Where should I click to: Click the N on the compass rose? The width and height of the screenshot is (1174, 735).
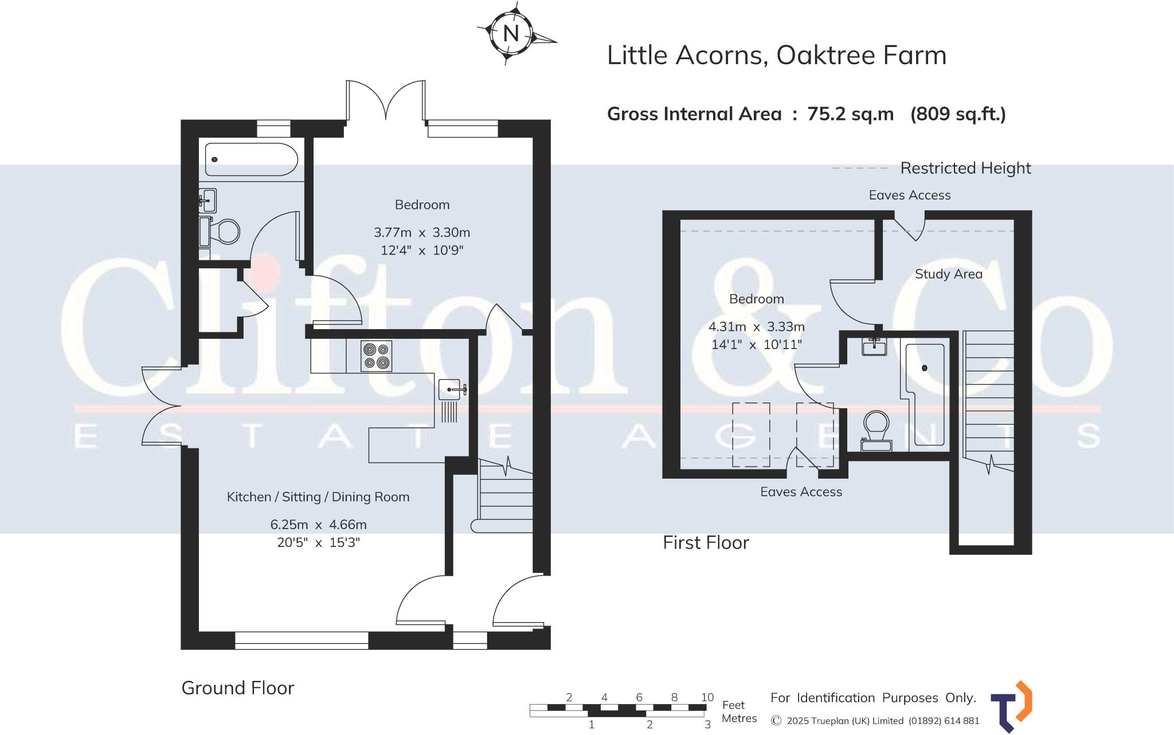511,34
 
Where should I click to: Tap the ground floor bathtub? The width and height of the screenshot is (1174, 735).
251,159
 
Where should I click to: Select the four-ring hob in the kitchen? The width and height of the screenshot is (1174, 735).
377,356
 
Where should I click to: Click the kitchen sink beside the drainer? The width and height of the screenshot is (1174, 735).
451,389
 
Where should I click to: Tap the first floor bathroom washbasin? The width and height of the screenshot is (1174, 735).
874,347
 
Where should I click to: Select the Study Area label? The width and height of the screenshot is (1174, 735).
948,274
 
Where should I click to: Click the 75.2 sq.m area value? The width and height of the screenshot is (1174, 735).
850,114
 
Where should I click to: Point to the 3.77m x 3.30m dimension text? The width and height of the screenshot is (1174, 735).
422,233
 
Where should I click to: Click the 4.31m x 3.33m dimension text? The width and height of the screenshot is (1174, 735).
756,327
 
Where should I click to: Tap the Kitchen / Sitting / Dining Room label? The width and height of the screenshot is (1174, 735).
318,497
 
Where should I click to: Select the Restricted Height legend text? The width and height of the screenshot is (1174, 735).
965,169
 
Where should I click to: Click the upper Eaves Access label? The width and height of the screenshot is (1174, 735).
909,196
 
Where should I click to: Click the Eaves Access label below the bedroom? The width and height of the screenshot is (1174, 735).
801,492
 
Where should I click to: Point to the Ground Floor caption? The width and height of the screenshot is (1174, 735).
237,688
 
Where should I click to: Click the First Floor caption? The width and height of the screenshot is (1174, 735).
706,543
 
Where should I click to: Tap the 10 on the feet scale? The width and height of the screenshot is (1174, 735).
707,698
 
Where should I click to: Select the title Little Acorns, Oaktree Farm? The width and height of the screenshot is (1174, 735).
776,56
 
